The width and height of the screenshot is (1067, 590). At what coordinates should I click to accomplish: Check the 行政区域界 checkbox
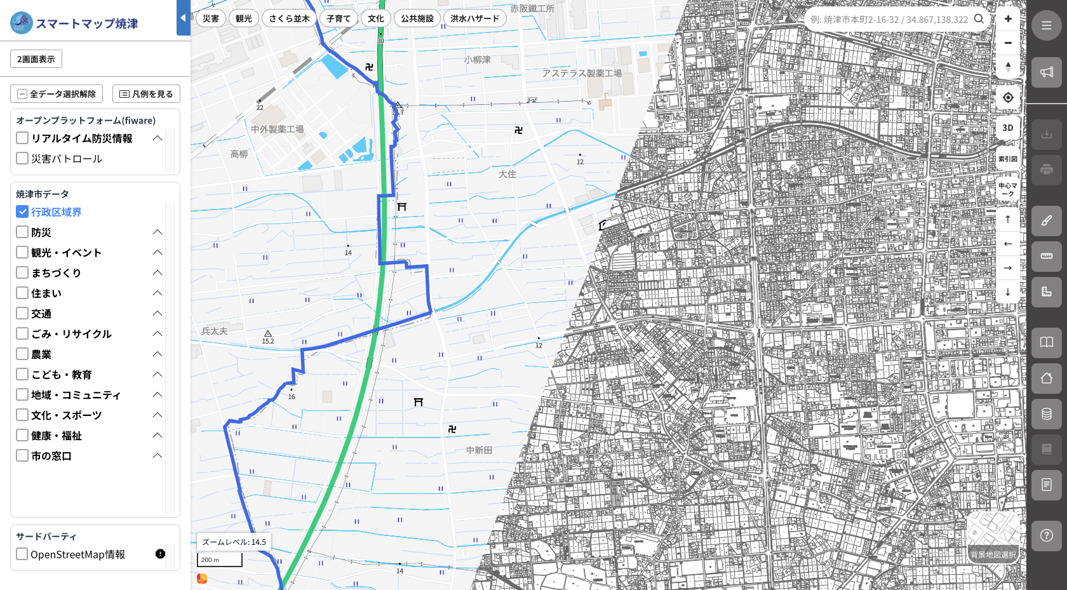pyautogui.click(x=22, y=211)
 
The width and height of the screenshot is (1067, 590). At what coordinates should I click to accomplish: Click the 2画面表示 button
pyautogui.click(x=36, y=59)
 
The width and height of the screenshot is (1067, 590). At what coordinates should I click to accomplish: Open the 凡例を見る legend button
pyautogui.click(x=146, y=94)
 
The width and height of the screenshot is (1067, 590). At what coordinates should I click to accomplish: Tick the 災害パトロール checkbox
pyautogui.click(x=22, y=158)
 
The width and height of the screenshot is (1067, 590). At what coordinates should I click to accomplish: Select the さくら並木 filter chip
pyautogui.click(x=289, y=18)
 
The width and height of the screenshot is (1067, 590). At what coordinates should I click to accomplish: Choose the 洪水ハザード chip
pyautogui.click(x=474, y=18)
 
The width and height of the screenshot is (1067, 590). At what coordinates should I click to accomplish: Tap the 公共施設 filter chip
pyautogui.click(x=417, y=18)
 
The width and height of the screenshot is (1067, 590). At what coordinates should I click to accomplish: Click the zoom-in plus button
pyautogui.click(x=1008, y=19)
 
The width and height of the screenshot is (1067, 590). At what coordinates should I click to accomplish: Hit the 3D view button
pyautogui.click(x=1008, y=128)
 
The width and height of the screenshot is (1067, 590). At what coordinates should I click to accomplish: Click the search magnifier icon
pyautogui.click(x=979, y=19)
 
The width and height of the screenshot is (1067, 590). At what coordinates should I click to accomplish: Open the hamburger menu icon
pyautogui.click(x=1046, y=26)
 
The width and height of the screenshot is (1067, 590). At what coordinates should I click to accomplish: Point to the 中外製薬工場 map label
pyautogui.click(x=277, y=129)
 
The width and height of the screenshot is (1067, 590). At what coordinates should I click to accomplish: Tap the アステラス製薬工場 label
pyautogui.click(x=582, y=74)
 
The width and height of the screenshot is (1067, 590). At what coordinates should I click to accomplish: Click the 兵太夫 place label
pyautogui.click(x=215, y=331)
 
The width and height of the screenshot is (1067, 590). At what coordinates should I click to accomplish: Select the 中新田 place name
pyautogui.click(x=479, y=450)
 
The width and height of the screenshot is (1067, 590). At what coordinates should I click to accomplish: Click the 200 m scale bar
pyautogui.click(x=220, y=560)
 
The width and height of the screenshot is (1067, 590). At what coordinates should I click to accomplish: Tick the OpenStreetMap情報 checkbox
pyautogui.click(x=22, y=554)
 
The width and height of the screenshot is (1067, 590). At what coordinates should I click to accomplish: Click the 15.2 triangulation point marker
pyautogui.click(x=268, y=333)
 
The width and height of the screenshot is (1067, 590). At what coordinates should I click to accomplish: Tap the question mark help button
pyautogui.click(x=1046, y=535)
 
